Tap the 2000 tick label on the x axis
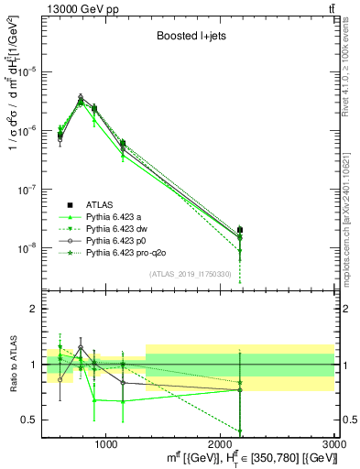click(219, 444)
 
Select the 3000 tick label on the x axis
click(333, 444)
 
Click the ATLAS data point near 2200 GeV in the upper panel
click(240, 230)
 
